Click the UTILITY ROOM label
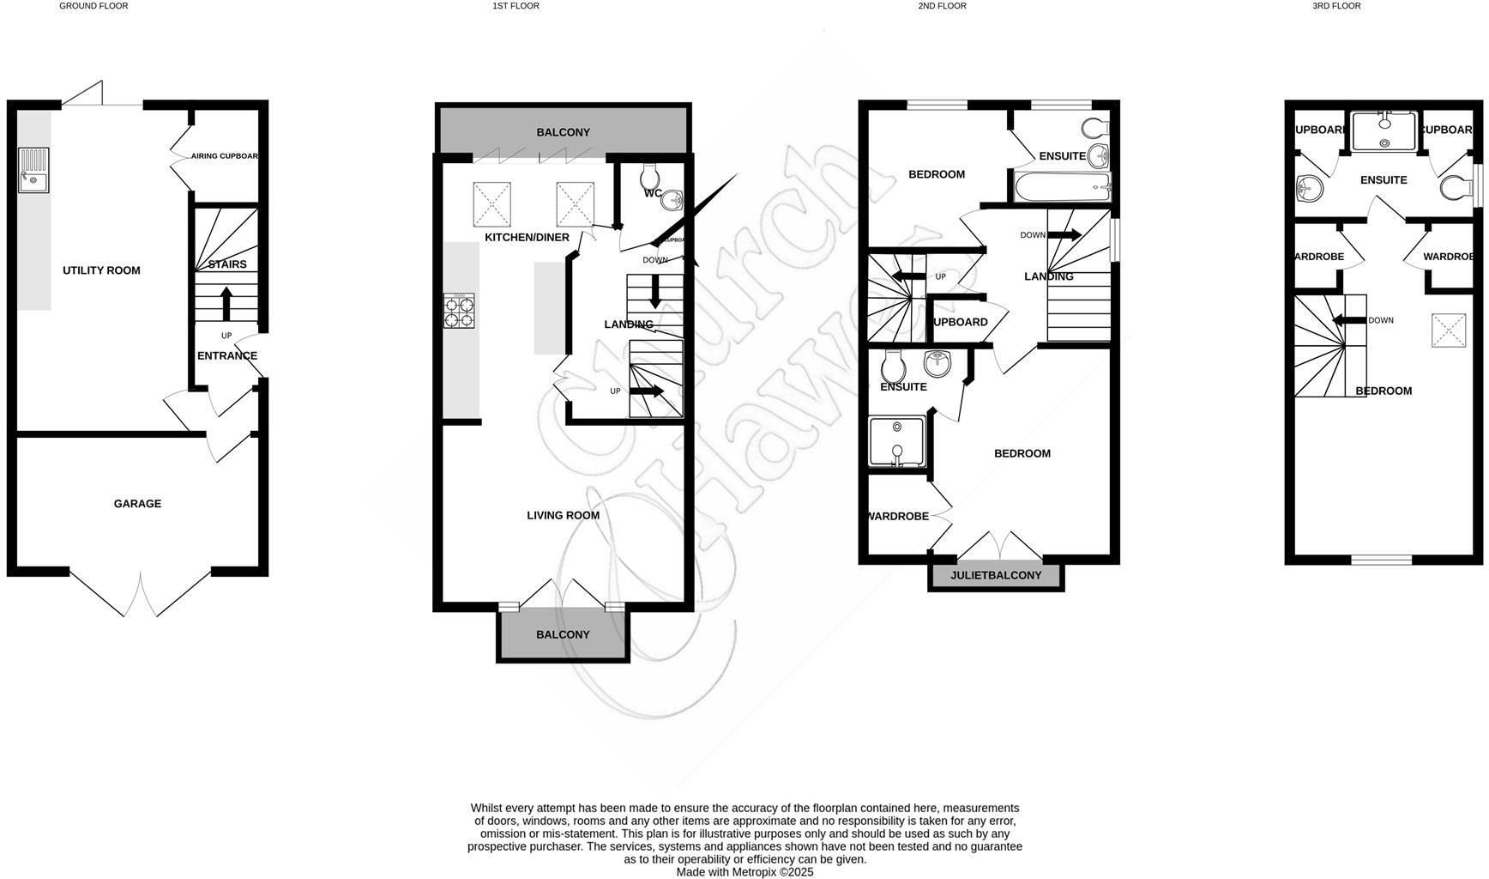tap(101, 270)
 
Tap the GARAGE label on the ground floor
tap(137, 504)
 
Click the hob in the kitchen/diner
tap(459, 311)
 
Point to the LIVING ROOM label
tap(563, 515)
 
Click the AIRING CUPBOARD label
tap(225, 156)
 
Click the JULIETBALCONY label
tap(996, 575)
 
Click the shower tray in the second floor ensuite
tap(897, 441)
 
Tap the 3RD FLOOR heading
tap(1336, 6)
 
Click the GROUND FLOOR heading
tap(93, 6)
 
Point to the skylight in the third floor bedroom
tap(1449, 330)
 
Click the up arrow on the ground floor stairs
tap(226, 303)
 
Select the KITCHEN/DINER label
tap(527, 237)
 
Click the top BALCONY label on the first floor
tap(563, 132)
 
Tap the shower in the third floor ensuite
tap(1384, 131)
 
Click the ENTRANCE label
tap(227, 355)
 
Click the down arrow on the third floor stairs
tap(1346, 321)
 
